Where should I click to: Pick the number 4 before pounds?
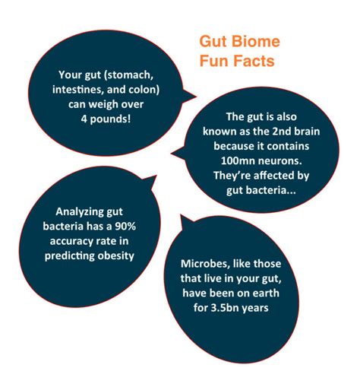pyautogui.click(x=84, y=119)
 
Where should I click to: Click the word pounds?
pyautogui.click(x=110, y=119)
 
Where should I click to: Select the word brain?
pyautogui.click(x=307, y=132)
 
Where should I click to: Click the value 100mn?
pyautogui.click(x=234, y=161)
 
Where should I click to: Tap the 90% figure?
pyautogui.click(x=125, y=226)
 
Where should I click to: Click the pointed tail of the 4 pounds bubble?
pyautogui.click(x=196, y=97)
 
